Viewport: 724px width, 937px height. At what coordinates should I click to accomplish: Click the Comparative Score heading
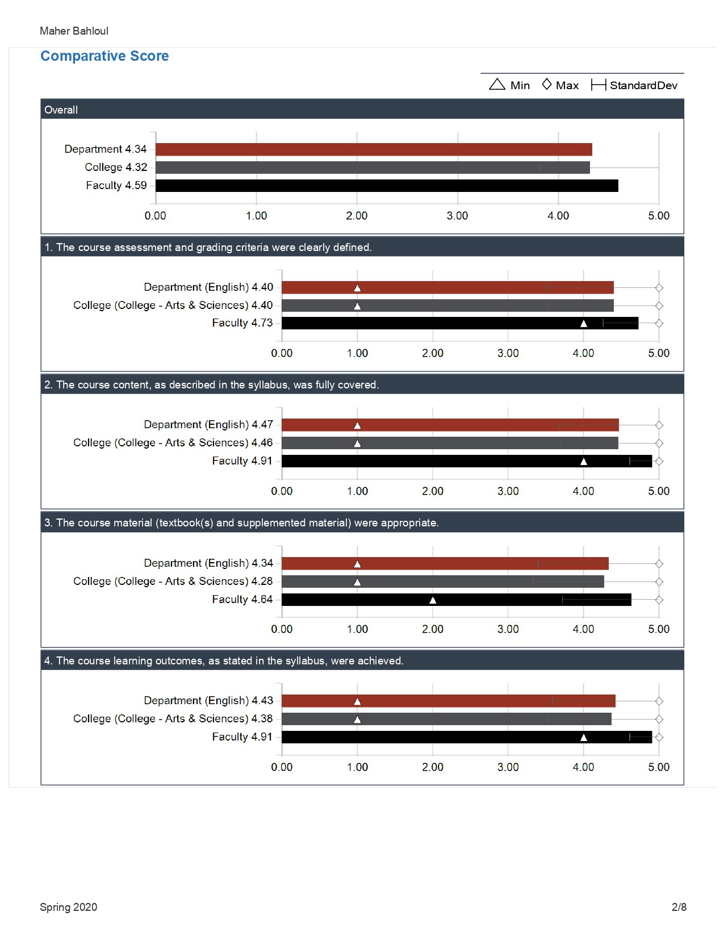click(x=104, y=56)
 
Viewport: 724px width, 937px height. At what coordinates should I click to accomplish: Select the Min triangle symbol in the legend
click(x=497, y=84)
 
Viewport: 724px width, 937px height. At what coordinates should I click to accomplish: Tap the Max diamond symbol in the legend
click(x=546, y=84)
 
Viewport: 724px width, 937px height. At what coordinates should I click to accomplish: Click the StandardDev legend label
click(x=643, y=85)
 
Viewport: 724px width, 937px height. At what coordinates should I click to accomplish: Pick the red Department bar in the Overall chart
click(x=374, y=149)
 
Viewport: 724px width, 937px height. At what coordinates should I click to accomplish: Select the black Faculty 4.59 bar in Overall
click(x=387, y=186)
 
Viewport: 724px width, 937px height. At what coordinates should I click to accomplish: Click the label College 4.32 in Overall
click(x=116, y=168)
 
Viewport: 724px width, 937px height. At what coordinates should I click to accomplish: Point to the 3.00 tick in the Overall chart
click(x=457, y=216)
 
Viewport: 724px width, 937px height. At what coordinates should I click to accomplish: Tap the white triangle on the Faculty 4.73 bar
click(x=583, y=323)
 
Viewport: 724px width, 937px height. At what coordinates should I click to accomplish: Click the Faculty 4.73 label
click(x=242, y=323)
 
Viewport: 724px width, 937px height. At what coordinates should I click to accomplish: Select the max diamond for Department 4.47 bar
click(x=659, y=425)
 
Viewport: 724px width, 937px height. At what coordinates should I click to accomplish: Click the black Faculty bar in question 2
click(x=467, y=461)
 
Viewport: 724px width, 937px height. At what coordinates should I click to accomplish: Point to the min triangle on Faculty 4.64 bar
click(x=433, y=600)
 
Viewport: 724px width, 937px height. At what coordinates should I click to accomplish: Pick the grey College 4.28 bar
click(x=443, y=582)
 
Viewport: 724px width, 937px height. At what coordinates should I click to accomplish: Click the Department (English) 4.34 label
click(x=208, y=563)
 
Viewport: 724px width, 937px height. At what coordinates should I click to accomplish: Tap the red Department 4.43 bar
click(x=449, y=701)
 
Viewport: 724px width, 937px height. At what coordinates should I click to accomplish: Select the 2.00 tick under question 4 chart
click(x=433, y=767)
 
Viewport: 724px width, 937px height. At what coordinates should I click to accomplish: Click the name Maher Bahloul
click(x=74, y=31)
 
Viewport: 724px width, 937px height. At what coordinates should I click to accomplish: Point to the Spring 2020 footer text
click(x=68, y=907)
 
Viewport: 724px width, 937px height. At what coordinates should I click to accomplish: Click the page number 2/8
click(x=679, y=907)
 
